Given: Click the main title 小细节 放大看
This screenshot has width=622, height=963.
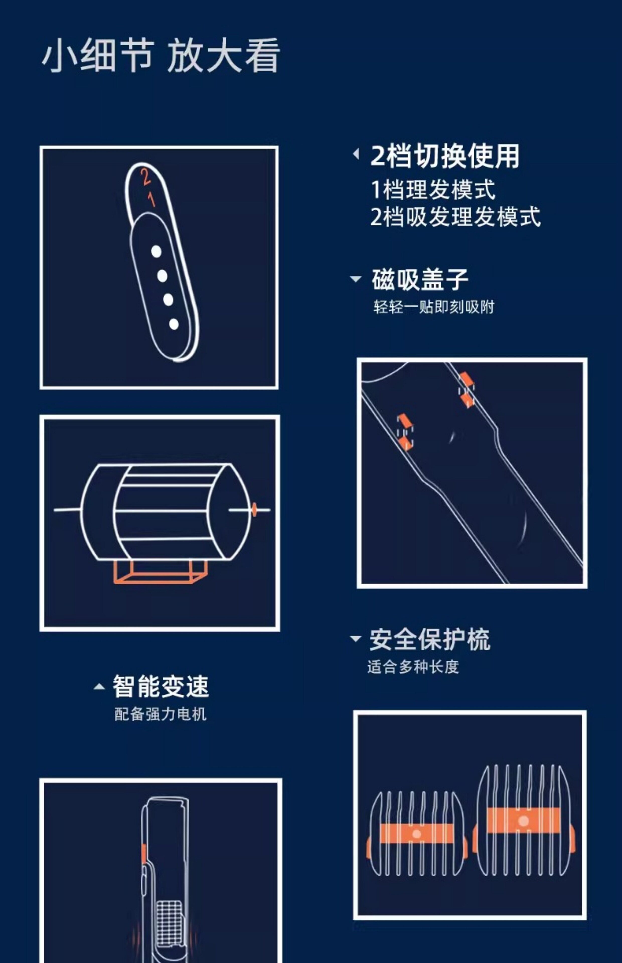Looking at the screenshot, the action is (161, 56).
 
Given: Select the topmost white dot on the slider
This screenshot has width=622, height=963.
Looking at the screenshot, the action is (156, 252).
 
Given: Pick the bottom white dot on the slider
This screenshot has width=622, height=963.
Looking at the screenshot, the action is (174, 324).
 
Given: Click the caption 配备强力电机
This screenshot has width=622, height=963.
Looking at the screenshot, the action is (160, 714).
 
